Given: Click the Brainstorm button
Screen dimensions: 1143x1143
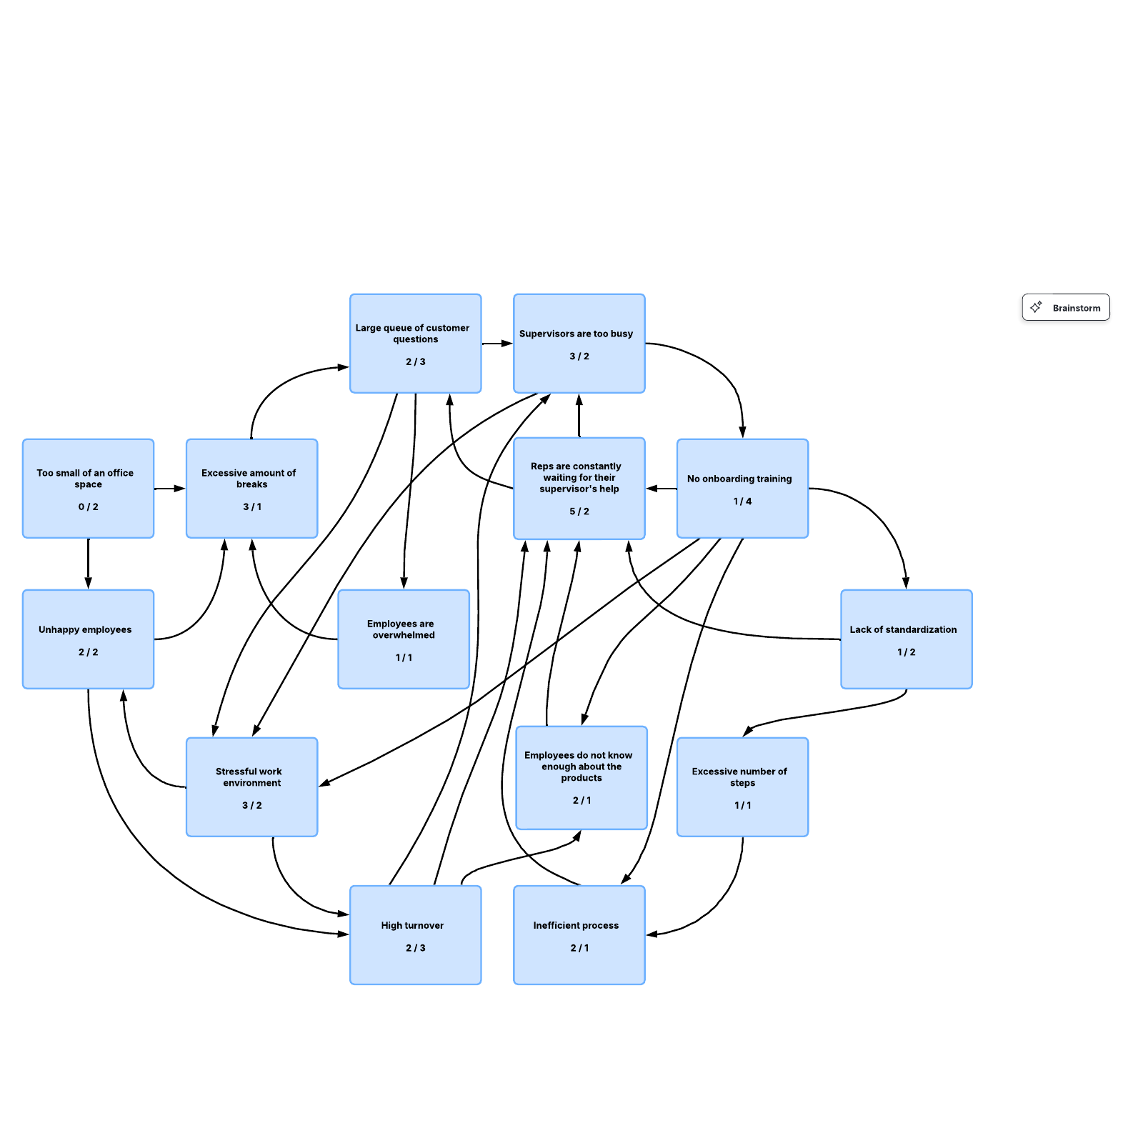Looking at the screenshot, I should pyautogui.click(x=1065, y=307).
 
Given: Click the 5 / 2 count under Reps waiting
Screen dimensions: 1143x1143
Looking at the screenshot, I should pyautogui.click(x=579, y=511).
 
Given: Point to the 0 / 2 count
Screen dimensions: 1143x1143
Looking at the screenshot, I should pyautogui.click(x=88, y=506).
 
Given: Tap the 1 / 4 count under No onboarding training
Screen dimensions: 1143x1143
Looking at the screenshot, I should pyautogui.click(x=742, y=501).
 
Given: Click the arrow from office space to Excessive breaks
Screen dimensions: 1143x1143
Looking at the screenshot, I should pyautogui.click(x=170, y=489).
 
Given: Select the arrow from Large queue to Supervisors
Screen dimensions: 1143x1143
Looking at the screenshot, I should pyautogui.click(x=497, y=344).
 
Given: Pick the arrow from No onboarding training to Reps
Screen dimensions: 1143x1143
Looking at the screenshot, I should pyautogui.click(x=662, y=489).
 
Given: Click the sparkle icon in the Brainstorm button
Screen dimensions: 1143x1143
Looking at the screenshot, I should pyautogui.click(x=1036, y=307).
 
